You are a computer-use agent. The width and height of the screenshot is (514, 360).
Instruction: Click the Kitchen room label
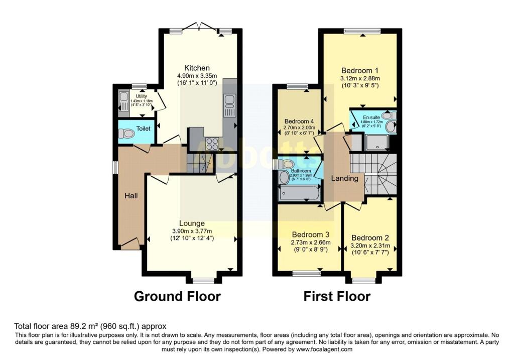point(197,68)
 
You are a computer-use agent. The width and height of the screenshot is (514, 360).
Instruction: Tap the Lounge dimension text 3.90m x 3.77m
point(192,231)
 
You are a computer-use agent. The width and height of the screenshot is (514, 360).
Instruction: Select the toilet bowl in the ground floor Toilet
point(126,134)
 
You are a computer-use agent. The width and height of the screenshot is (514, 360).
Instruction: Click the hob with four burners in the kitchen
point(212,144)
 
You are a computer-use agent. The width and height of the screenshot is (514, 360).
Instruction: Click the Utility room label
point(141,96)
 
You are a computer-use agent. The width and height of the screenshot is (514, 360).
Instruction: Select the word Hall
point(131,196)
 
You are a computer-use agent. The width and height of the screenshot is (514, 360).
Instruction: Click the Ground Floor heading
point(177,296)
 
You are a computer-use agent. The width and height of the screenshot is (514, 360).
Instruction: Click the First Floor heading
point(337,296)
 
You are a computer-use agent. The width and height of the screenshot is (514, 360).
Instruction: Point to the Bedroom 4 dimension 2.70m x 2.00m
point(299,128)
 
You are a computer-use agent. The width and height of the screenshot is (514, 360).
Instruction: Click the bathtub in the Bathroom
point(299,193)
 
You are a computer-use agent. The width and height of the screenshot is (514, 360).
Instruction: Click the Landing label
point(344,178)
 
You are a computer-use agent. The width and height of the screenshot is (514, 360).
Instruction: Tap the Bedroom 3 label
point(311,235)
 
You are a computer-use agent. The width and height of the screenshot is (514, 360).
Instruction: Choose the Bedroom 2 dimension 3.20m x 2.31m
point(370,246)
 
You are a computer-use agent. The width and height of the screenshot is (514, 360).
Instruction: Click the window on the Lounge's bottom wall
point(203,281)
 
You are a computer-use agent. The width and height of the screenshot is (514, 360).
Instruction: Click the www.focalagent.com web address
point(324,349)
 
